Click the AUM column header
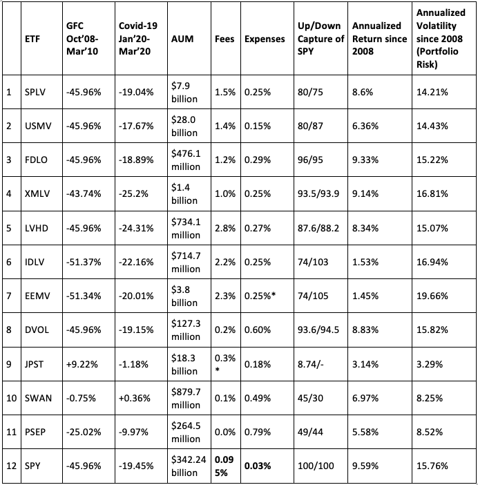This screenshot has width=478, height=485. [x=182, y=39]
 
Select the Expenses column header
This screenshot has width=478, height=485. [x=265, y=39]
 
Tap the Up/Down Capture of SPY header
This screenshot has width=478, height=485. [x=321, y=39]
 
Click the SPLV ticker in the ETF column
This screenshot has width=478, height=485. [x=35, y=92]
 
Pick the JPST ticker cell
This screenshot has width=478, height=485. [x=34, y=364]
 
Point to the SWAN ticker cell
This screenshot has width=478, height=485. [x=38, y=398]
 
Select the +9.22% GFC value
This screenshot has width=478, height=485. [x=82, y=364]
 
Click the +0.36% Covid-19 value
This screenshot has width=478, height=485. [x=135, y=398]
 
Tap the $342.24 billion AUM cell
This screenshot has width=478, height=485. [x=189, y=466]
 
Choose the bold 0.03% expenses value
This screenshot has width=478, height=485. [x=258, y=466]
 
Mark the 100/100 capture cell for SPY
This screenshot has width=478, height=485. [x=316, y=466]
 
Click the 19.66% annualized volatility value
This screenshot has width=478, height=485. [x=432, y=296]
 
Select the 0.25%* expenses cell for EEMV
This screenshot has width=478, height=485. [x=260, y=296]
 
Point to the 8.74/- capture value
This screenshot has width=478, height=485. [x=311, y=364]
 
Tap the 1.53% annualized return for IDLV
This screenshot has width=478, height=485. [x=365, y=263]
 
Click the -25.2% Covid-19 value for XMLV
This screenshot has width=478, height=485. [x=133, y=194]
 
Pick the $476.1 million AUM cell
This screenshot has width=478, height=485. [x=186, y=160]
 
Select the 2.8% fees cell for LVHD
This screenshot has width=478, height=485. [x=225, y=228]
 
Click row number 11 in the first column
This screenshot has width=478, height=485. [x=11, y=432]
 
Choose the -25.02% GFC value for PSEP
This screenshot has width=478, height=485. [x=84, y=432]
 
